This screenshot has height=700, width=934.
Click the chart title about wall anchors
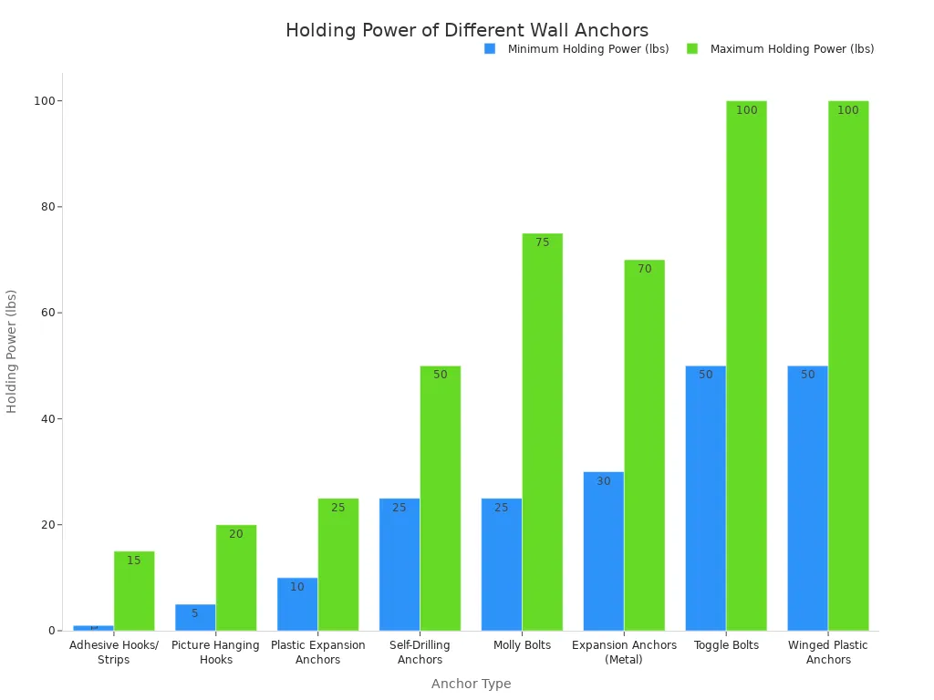tap(466, 30)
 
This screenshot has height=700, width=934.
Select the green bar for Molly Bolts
tap(542, 432)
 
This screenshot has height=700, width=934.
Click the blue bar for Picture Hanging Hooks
tap(195, 617)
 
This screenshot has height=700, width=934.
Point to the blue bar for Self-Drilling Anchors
tap(400, 564)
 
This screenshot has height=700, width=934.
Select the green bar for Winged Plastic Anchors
tap(848, 365)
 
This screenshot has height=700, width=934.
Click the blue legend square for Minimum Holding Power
tap(490, 49)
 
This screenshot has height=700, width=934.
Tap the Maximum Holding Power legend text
tap(792, 49)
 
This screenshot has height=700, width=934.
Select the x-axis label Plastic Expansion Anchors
tap(318, 652)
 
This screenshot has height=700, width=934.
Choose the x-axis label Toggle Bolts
tap(726, 645)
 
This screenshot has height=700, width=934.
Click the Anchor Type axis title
tap(471, 684)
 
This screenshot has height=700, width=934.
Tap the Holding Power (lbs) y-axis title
tap(12, 351)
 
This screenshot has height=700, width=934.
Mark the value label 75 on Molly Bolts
tap(543, 242)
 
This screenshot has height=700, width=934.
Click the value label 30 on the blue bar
tap(604, 481)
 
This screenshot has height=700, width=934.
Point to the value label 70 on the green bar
tap(645, 269)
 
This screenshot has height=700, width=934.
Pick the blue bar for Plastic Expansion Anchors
tap(297, 604)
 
